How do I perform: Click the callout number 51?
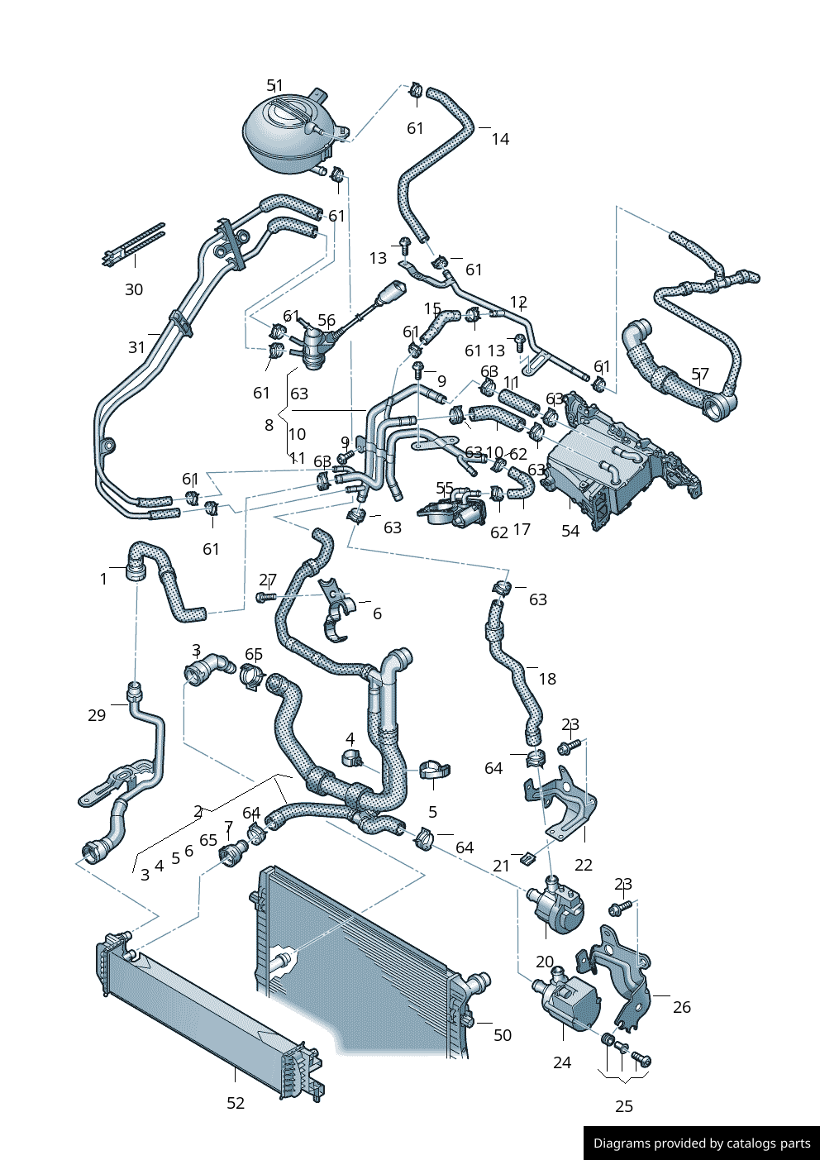click(274, 85)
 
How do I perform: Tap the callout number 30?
click(134, 289)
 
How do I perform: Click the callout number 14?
click(500, 139)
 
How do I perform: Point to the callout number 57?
click(700, 375)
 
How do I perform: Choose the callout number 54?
click(570, 531)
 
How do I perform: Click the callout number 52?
click(236, 1103)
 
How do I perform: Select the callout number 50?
click(503, 1035)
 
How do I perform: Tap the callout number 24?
click(562, 1062)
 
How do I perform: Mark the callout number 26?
click(682, 1007)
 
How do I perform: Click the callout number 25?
click(624, 1106)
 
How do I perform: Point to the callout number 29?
click(97, 715)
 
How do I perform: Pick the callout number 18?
click(547, 679)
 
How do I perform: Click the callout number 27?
click(268, 580)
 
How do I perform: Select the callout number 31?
click(137, 347)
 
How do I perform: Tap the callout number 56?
click(327, 321)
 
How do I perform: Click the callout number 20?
click(545, 962)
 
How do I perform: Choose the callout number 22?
click(584, 865)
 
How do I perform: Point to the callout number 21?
click(501, 866)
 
